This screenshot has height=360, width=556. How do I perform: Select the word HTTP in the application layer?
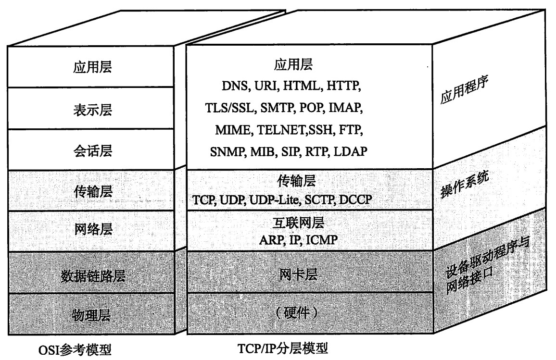pos(343,86)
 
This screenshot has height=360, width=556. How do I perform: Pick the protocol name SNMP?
pos(228,151)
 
